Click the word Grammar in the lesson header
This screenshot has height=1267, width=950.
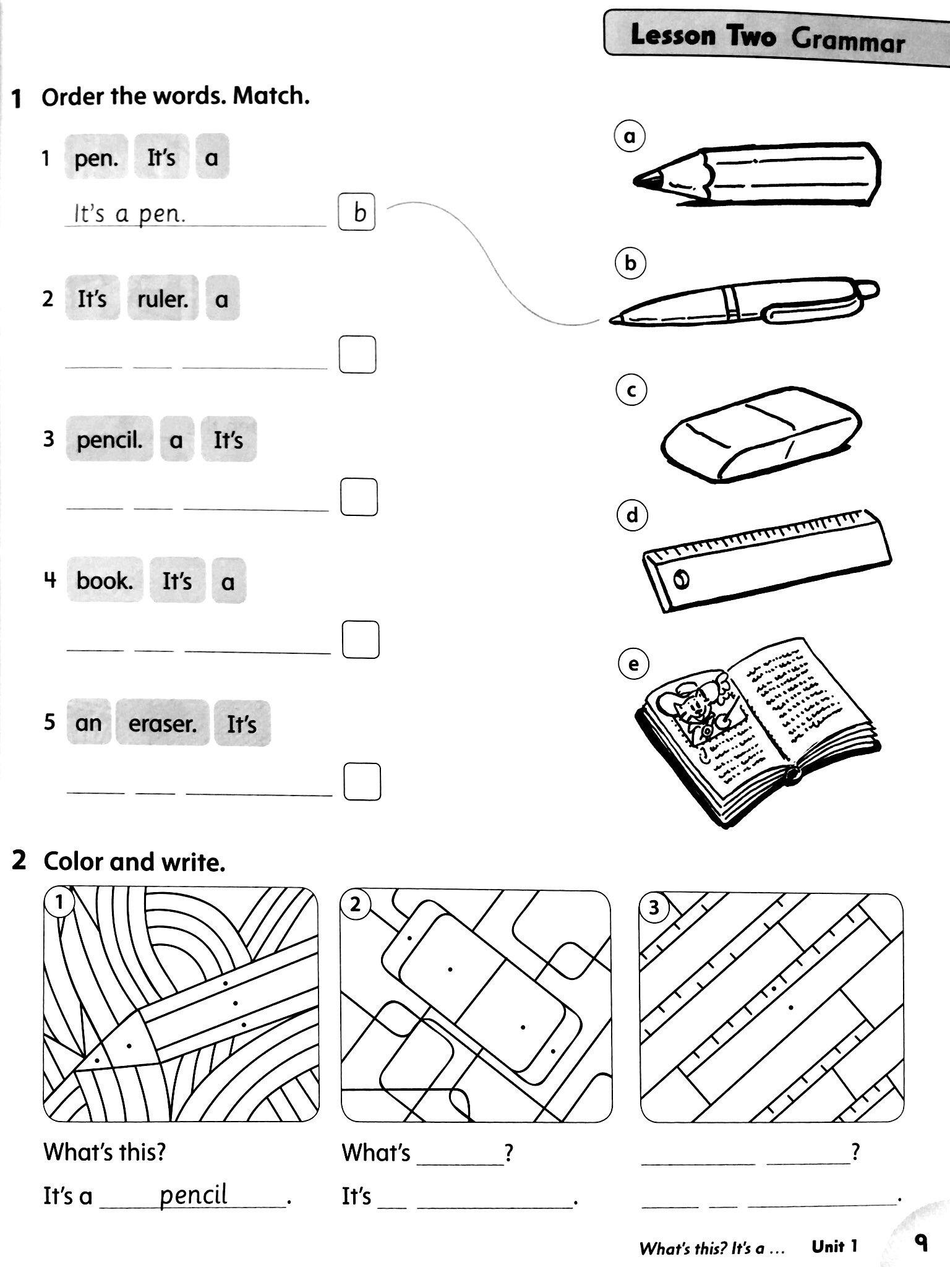point(848,41)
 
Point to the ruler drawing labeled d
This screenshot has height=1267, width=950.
point(767,560)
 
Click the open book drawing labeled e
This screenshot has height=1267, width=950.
point(758,730)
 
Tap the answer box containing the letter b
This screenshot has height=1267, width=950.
point(357,212)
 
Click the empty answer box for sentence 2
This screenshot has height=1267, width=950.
point(357,354)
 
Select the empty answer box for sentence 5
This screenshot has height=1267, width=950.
point(362,782)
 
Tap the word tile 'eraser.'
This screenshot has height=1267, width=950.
point(162,723)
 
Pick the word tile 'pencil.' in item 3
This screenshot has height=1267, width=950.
point(109,439)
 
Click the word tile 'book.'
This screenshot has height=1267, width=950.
point(105,580)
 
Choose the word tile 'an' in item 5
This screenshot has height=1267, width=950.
point(88,722)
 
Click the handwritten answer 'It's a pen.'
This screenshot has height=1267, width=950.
point(130,214)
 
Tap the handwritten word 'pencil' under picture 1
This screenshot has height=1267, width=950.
point(194,1193)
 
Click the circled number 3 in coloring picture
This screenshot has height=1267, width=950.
point(654,908)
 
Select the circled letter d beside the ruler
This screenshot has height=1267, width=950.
point(632,515)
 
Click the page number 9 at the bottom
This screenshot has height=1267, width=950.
point(921,1241)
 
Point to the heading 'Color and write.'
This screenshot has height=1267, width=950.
point(134,861)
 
